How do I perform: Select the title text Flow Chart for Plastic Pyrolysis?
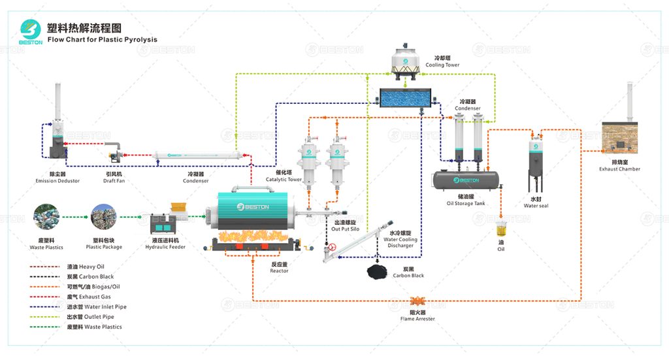point(103,39)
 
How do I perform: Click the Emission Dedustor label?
point(58,181)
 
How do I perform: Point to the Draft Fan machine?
point(114,154)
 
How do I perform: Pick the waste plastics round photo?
point(46,218)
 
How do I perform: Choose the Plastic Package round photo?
point(103,218)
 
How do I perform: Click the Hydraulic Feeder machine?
point(169,220)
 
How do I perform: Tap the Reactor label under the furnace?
point(279,270)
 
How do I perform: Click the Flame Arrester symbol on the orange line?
point(417,301)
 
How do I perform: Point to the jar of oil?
point(501,230)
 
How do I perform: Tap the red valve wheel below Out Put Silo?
point(332,248)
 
